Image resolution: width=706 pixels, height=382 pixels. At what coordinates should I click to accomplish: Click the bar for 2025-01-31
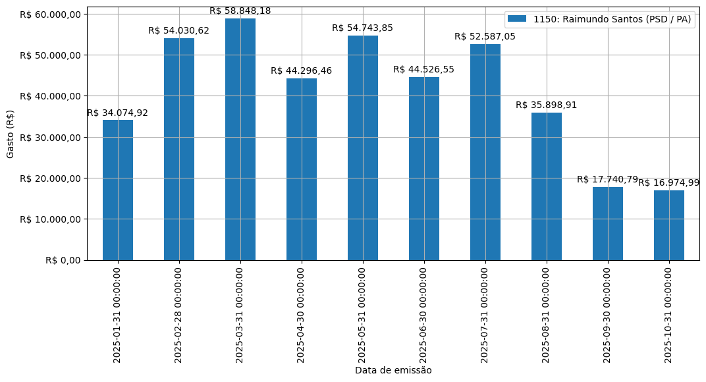[118, 190]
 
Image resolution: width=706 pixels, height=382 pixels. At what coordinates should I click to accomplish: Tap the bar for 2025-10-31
[669, 225]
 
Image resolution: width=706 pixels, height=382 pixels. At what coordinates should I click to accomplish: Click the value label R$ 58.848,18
[240, 11]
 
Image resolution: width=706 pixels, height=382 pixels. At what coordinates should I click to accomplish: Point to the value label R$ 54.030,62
[179, 31]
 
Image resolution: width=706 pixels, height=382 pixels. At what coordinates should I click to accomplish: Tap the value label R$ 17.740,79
[607, 180]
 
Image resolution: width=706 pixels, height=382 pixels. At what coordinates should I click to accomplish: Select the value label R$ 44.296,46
[302, 71]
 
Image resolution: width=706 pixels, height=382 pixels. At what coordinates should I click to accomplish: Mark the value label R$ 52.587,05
[485, 37]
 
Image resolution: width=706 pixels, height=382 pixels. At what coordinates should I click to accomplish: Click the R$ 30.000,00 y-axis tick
[50, 137]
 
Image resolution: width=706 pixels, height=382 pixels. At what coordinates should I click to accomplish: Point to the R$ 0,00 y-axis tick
[63, 260]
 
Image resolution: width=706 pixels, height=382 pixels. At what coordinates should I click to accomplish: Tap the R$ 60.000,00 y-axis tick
[50, 14]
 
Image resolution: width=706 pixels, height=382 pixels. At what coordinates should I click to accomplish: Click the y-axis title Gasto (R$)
[10, 134]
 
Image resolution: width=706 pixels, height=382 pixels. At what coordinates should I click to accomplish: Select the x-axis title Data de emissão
[393, 370]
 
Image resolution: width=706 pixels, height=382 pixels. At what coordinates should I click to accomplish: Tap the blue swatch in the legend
[517, 19]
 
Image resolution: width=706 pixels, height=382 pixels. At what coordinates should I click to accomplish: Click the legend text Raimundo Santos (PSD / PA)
[612, 19]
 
